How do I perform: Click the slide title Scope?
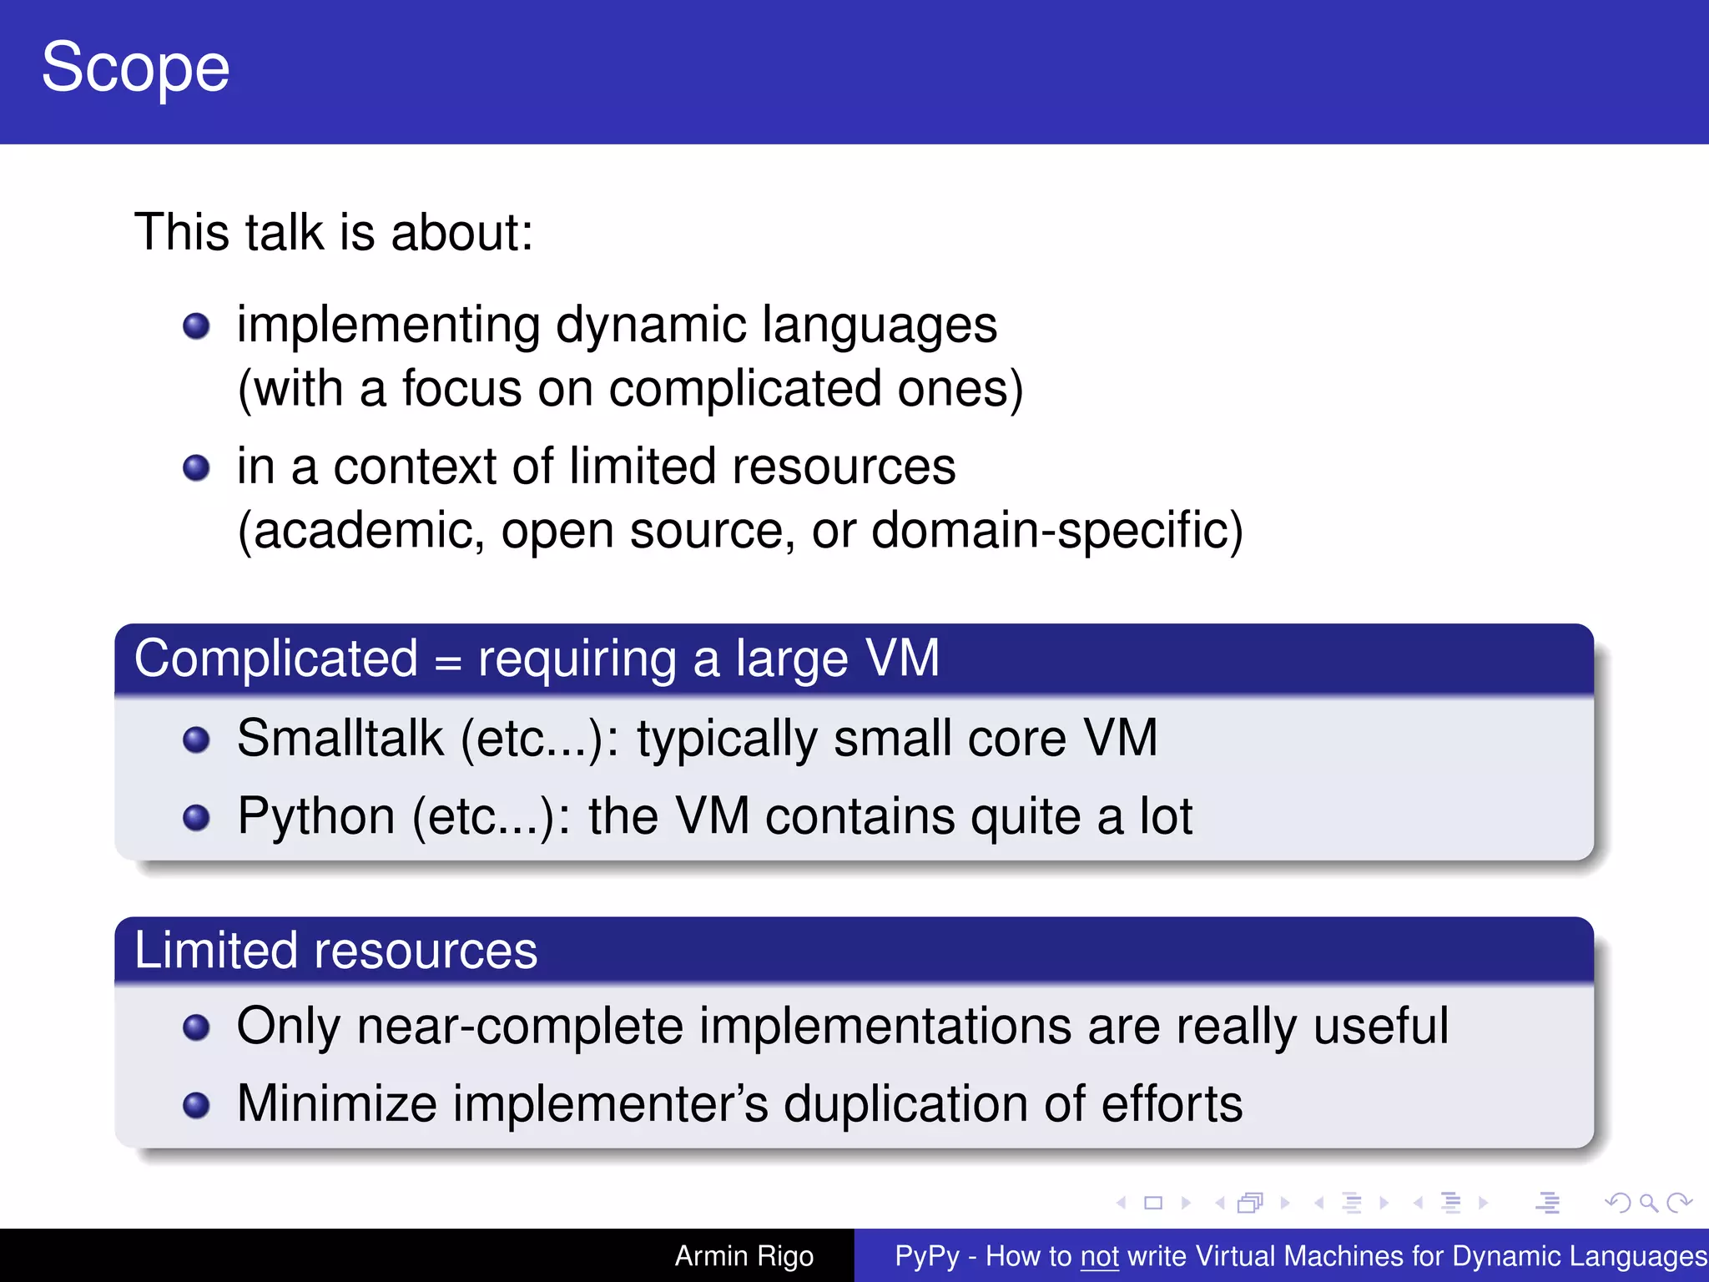click(135, 68)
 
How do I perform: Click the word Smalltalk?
click(340, 739)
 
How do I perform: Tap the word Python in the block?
click(316, 816)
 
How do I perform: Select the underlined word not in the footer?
click(1099, 1256)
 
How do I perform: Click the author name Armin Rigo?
click(744, 1256)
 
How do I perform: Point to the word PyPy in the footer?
click(926, 1256)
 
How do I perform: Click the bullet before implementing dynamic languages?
click(196, 326)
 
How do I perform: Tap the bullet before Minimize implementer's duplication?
click(196, 1105)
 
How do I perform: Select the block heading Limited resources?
click(335, 951)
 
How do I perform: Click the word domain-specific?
click(1056, 531)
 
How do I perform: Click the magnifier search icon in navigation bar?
click(1648, 1203)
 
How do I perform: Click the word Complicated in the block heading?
click(276, 659)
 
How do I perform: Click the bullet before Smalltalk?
click(196, 739)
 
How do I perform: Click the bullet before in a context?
click(196, 468)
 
